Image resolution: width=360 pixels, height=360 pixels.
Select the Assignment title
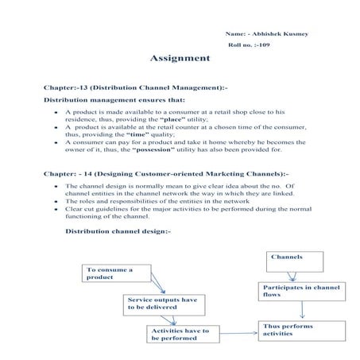[180, 59]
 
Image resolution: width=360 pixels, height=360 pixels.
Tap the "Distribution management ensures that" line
[114, 100]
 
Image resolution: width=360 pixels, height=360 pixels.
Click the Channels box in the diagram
[295, 260]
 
